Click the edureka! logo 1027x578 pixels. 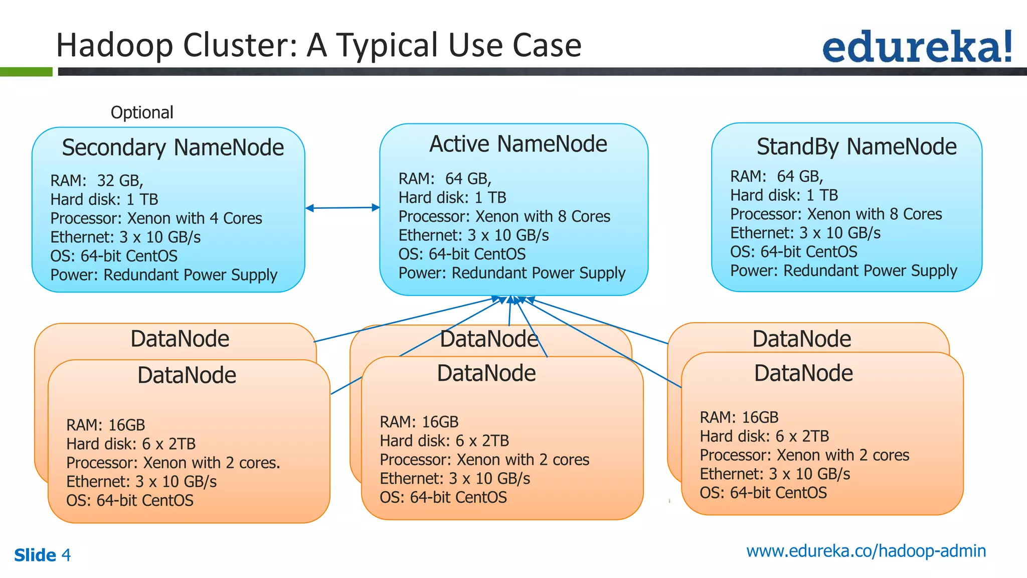917,47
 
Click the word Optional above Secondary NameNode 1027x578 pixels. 142,112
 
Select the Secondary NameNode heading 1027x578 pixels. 173,148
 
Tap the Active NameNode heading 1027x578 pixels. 518,144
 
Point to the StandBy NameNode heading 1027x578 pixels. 856,147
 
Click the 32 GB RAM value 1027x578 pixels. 120,180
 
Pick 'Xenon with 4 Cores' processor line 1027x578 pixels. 195,218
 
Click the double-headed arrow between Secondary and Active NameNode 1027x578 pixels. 343,208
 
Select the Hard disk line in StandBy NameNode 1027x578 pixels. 784,195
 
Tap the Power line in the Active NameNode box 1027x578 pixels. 511,273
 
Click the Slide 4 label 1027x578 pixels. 42,555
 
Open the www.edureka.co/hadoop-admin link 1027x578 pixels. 866,551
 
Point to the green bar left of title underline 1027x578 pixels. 26,72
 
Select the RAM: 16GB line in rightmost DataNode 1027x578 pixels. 739,417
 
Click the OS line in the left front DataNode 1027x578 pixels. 129,501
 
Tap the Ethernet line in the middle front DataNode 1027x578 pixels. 454,479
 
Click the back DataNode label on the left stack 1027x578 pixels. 180,339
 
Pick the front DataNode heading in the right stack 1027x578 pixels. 803,373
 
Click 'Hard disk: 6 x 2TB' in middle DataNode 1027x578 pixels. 444,441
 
